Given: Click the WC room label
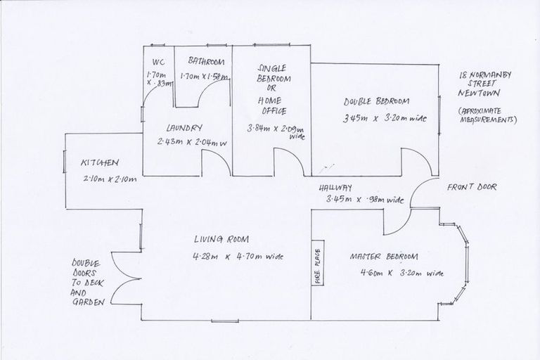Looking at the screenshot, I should (157, 60).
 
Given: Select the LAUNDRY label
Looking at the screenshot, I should (184, 128).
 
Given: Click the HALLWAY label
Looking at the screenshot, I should (335, 188).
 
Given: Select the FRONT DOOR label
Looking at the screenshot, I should (472, 188).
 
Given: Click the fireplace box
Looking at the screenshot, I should (317, 264).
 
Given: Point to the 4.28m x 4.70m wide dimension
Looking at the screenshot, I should (240, 257).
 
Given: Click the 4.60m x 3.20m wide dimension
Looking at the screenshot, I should (392, 273).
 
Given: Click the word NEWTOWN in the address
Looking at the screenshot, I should (478, 93).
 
